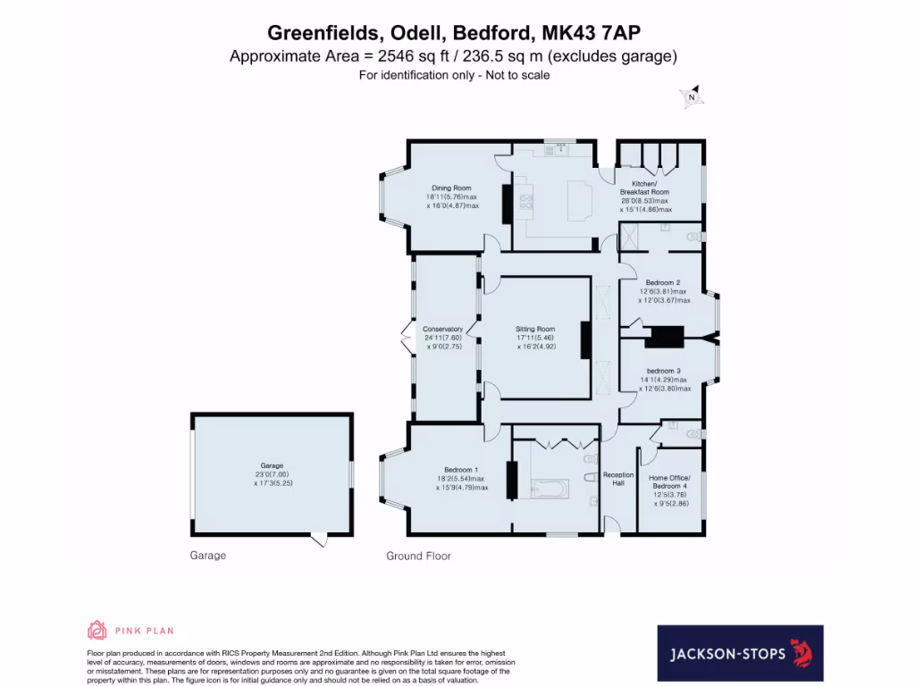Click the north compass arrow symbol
[692, 98]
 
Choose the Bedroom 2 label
[663, 282]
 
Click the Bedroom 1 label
[461, 470]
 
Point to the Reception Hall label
[618, 479]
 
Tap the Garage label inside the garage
[272, 465]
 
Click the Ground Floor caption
[418, 556]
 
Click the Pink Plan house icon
[97, 631]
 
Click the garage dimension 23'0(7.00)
[272, 474]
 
